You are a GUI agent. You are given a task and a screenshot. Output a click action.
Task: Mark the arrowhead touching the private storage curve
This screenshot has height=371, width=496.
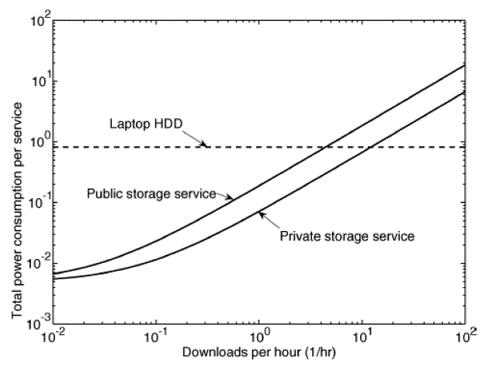[x=262, y=212]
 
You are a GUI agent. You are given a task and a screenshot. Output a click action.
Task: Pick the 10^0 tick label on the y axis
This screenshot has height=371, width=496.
[x=39, y=138]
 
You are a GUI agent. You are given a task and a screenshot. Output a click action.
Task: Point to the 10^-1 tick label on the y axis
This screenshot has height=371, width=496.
[x=37, y=199]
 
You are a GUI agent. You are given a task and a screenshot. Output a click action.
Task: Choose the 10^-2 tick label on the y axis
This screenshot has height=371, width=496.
[x=37, y=260]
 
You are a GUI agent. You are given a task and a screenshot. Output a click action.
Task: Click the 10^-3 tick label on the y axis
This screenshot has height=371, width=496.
[x=37, y=320]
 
